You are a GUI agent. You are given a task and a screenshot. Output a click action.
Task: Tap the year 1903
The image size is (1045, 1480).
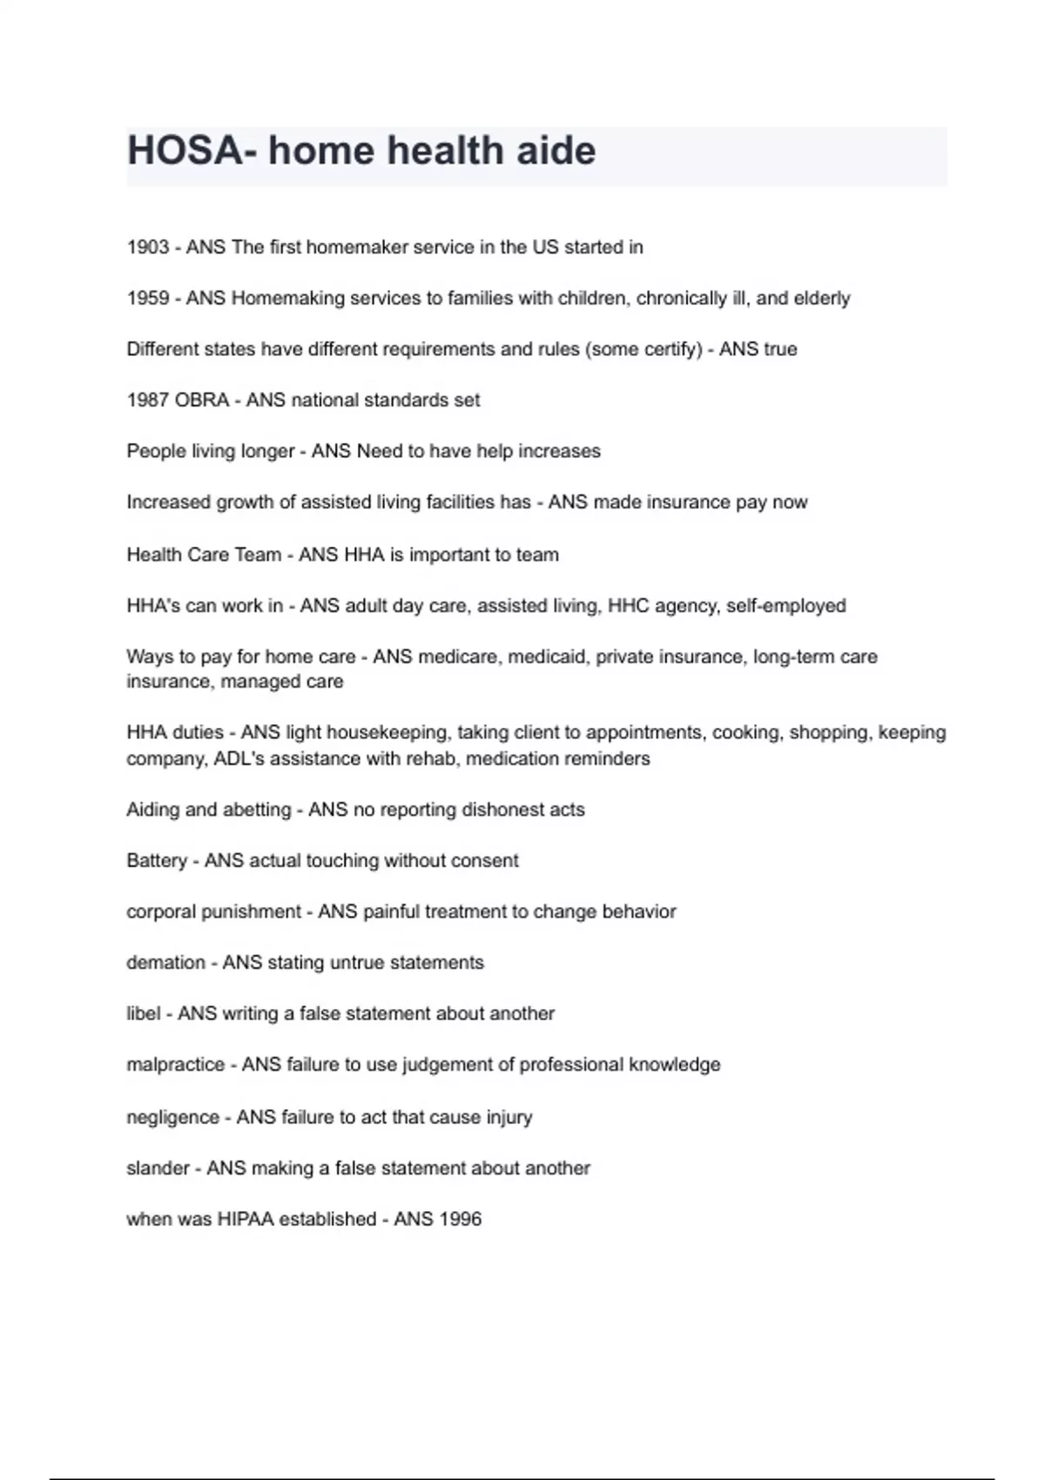point(148,247)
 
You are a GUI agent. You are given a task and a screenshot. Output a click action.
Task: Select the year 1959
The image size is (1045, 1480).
point(148,299)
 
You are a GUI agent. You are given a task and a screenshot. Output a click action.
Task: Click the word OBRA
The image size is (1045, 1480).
point(202,400)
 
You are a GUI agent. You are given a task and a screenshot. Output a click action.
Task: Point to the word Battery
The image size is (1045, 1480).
point(157,861)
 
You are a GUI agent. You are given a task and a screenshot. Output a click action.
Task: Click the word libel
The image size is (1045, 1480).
point(144,1013)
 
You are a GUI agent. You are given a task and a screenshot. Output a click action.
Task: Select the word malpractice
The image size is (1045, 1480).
point(175,1065)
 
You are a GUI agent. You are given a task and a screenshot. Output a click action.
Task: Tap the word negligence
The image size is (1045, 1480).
point(172,1117)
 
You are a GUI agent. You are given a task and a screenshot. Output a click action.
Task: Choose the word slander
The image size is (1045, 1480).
point(158,1168)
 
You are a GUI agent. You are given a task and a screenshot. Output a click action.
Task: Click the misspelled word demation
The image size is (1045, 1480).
point(165,963)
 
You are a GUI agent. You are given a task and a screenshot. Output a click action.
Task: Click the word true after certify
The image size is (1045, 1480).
point(780,349)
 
